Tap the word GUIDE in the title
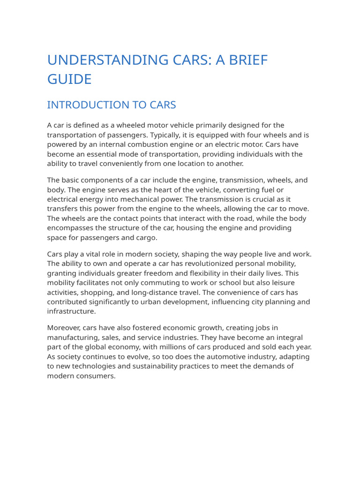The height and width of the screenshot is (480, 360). pos(69,79)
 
